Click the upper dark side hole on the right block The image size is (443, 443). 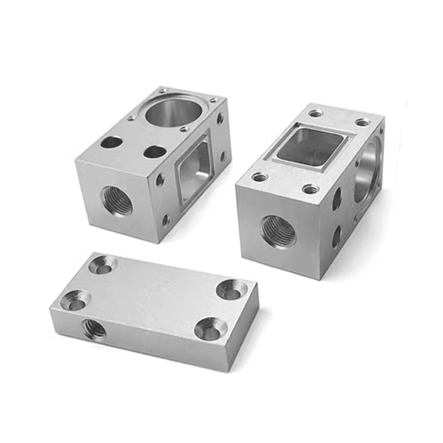point(337,198)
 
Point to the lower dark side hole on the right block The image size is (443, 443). point(336,235)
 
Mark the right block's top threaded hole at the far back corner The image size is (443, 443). point(362,122)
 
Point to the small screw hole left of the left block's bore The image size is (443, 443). point(131,118)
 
